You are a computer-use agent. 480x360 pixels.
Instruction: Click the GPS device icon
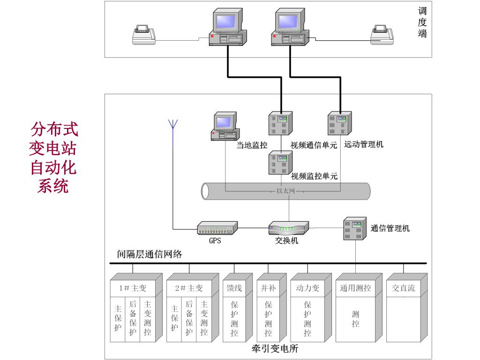[x=217, y=228]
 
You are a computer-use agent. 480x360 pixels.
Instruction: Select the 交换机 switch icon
[x=288, y=228]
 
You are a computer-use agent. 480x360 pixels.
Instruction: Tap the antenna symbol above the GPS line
[x=172, y=124]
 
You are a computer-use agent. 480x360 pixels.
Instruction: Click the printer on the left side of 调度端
[x=143, y=35]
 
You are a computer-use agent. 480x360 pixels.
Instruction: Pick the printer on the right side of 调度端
[x=382, y=35]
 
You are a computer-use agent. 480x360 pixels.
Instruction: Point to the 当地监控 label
[x=252, y=145]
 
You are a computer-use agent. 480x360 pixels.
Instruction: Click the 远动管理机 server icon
[x=339, y=124]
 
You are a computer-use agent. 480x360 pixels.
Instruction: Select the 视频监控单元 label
[x=314, y=177]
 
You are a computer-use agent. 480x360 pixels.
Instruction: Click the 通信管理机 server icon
[x=354, y=228]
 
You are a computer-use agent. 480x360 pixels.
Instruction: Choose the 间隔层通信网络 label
[x=149, y=254]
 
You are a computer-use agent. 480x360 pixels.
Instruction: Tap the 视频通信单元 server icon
[x=280, y=124]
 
